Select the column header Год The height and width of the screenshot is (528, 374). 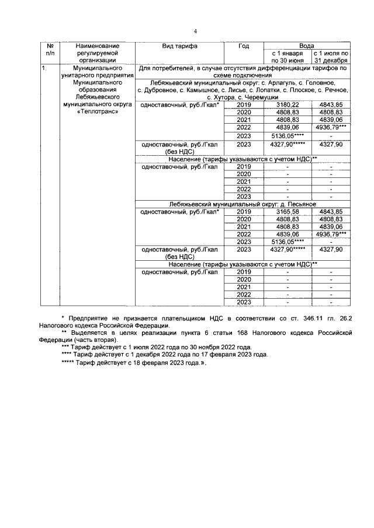(244, 46)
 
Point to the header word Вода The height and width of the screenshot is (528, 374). (306, 46)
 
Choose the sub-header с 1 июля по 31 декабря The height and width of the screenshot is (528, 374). (331, 56)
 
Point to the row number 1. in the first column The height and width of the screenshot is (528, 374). (44, 68)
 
